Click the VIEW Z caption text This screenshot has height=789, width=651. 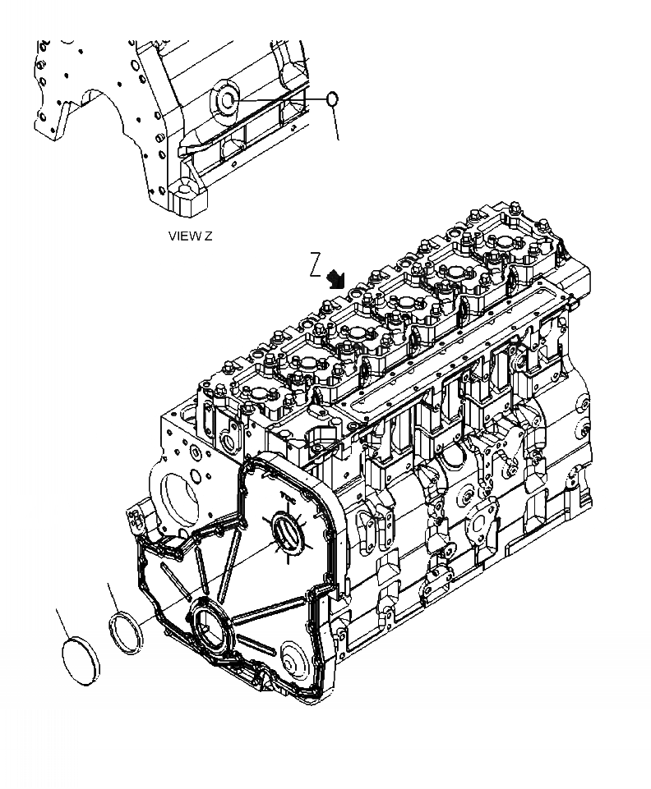pyautogui.click(x=190, y=236)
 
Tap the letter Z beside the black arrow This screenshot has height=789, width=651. pyautogui.click(x=315, y=264)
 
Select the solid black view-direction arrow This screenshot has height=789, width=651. pyautogui.click(x=335, y=278)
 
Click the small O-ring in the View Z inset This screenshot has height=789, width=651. pyautogui.click(x=331, y=99)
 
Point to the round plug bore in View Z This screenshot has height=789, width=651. pyautogui.click(x=225, y=99)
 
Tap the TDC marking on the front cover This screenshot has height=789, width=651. pyautogui.click(x=288, y=496)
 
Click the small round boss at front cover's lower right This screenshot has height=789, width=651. pyautogui.click(x=289, y=657)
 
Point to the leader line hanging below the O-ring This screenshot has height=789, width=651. pyautogui.click(x=335, y=123)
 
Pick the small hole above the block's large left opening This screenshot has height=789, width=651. pyautogui.click(x=193, y=452)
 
